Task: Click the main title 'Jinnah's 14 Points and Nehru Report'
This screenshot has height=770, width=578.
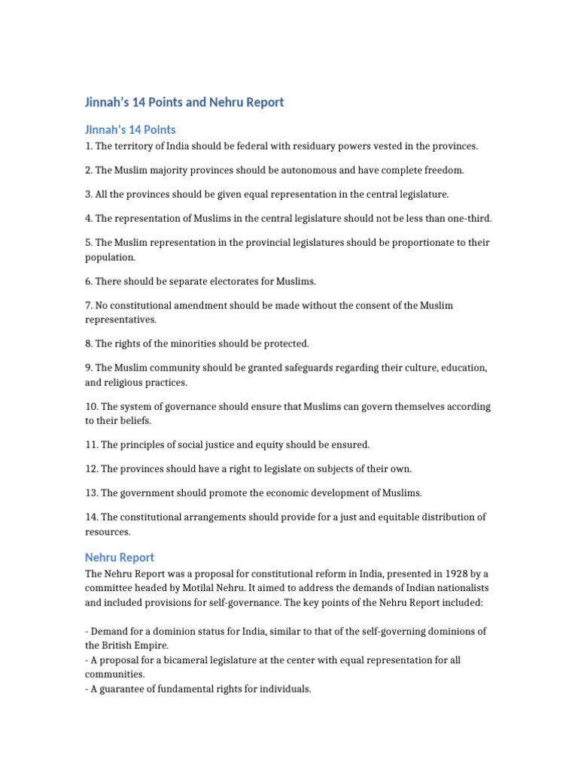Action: [184, 102]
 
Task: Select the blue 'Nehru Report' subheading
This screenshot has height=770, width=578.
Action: [120, 557]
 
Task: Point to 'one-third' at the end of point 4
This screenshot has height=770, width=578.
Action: [470, 218]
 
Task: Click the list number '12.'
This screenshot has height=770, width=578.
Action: [92, 468]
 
